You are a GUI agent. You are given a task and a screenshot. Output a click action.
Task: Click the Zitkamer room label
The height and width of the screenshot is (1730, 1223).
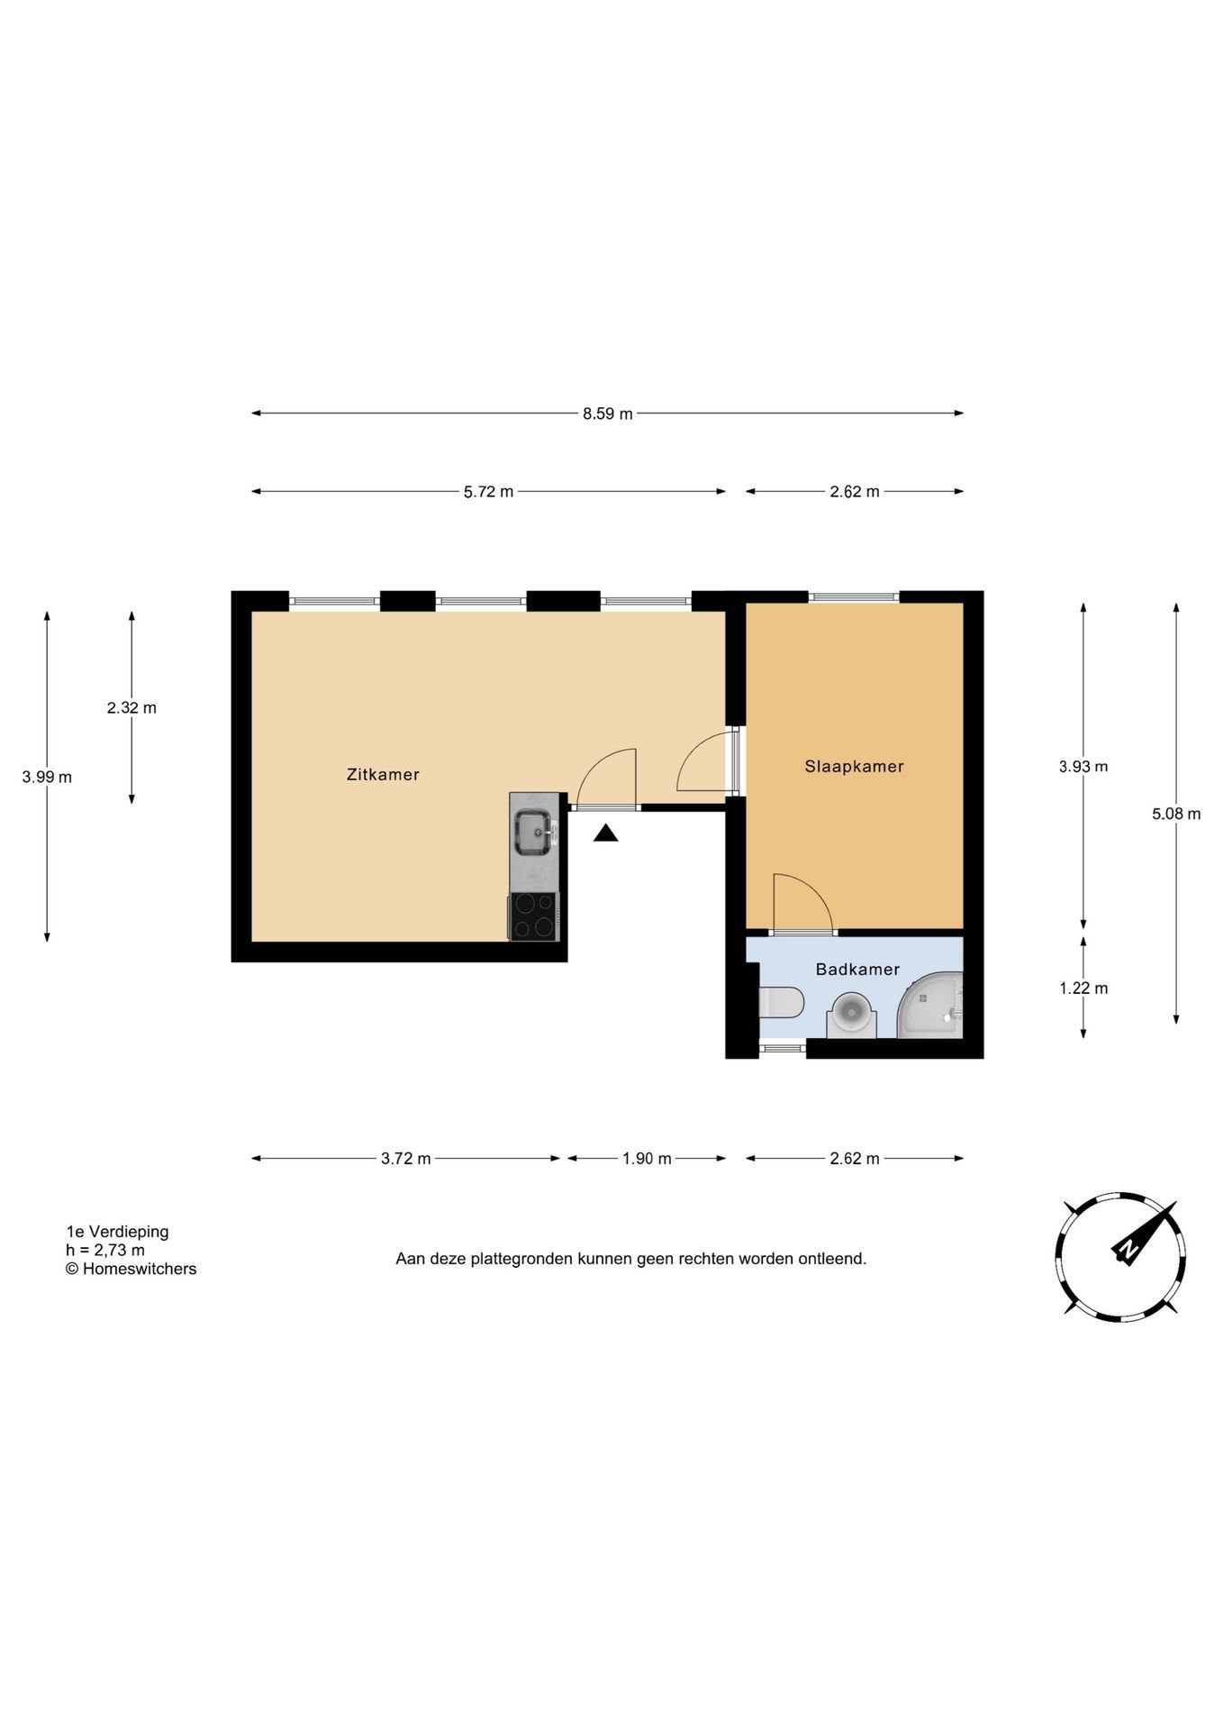383,774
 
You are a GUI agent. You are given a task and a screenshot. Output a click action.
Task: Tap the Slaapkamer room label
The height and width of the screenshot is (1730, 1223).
854,766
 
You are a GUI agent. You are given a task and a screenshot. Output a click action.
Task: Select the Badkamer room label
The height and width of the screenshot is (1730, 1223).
857,970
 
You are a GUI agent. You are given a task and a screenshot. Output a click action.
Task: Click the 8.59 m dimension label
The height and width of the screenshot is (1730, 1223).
608,414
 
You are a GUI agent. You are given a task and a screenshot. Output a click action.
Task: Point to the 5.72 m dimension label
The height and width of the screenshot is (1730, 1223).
489,492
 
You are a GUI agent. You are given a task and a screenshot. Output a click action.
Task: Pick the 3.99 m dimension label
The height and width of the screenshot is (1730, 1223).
48,777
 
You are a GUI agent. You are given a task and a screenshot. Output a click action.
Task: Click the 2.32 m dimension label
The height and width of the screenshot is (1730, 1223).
131,707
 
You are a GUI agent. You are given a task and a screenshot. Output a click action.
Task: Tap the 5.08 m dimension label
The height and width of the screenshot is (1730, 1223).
1176,814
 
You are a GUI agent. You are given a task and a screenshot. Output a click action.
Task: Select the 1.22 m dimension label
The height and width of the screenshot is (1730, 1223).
1083,988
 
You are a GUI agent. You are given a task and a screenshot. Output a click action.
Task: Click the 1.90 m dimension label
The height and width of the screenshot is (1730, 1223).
647,1159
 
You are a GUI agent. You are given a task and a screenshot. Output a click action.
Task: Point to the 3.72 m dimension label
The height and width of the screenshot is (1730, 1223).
406,1159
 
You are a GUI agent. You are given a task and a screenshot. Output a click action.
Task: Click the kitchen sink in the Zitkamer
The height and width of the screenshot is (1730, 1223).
534,831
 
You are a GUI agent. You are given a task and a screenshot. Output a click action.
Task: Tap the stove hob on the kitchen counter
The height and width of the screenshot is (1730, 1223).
534,916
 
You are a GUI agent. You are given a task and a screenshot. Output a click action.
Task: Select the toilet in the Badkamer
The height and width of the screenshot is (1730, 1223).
781,1002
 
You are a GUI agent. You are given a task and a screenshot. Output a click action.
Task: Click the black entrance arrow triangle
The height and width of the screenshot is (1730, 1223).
606,833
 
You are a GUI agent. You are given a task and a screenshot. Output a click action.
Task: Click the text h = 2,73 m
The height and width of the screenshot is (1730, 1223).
105,1250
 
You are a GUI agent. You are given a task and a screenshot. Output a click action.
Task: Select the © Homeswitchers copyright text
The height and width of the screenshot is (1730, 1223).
131,1269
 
